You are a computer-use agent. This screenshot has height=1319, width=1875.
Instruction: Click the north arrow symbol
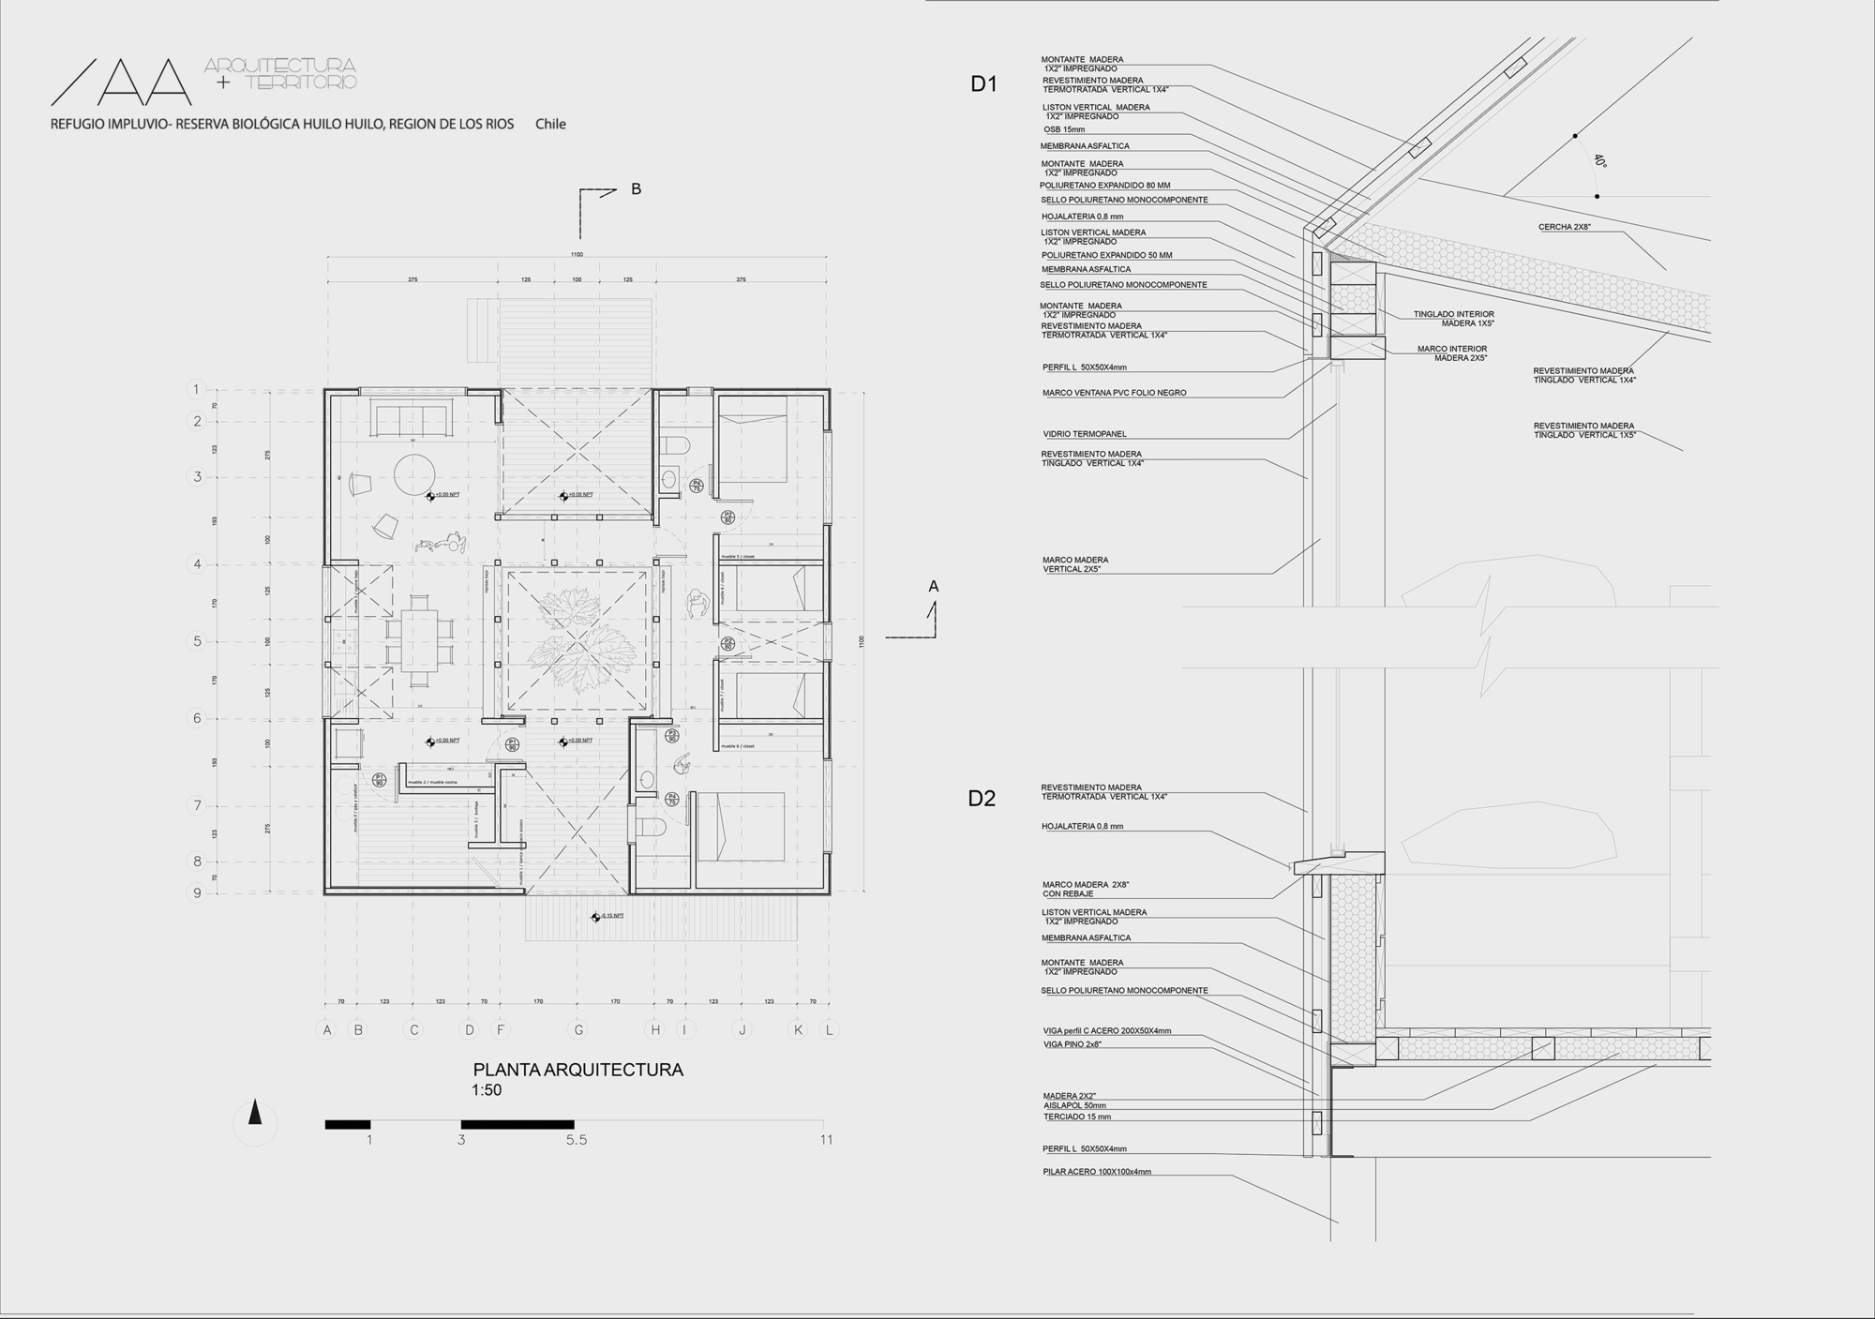click(x=254, y=1116)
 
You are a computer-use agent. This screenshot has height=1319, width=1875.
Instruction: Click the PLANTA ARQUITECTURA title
click(x=577, y=1070)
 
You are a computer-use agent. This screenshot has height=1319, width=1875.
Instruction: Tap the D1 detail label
click(x=983, y=84)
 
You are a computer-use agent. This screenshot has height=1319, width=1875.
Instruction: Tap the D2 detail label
click(x=982, y=799)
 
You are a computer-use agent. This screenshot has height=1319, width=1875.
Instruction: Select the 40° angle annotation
click(x=1599, y=160)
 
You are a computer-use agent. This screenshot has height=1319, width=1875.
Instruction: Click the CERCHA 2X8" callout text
click(x=1564, y=228)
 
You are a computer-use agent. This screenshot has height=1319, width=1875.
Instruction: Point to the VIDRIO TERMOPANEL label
click(x=1084, y=434)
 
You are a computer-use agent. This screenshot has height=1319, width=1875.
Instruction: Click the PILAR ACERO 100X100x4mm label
click(x=1096, y=1172)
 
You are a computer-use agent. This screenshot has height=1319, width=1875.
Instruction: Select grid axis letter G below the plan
click(x=578, y=1029)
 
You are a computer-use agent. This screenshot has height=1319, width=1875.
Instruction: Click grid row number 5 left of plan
click(x=197, y=641)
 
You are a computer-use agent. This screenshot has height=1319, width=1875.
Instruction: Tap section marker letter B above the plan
click(x=636, y=189)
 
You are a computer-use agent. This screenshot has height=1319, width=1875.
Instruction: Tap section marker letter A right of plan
click(x=933, y=587)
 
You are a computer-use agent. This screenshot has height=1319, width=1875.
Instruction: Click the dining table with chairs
click(x=419, y=641)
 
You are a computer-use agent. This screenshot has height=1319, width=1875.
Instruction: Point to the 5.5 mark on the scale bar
click(x=576, y=1140)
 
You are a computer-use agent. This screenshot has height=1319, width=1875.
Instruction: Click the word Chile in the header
click(x=550, y=124)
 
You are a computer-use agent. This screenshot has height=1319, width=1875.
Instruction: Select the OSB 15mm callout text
click(x=1064, y=129)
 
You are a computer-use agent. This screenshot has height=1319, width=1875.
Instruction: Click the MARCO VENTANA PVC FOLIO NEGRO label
click(x=1114, y=393)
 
